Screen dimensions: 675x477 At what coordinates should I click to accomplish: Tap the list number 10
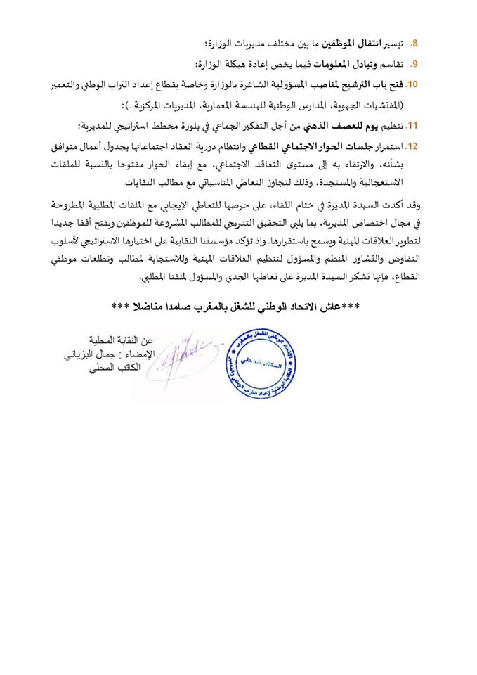click(x=412, y=85)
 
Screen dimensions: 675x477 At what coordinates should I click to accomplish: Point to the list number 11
click(x=412, y=127)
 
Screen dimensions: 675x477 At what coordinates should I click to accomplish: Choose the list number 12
click(x=412, y=148)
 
